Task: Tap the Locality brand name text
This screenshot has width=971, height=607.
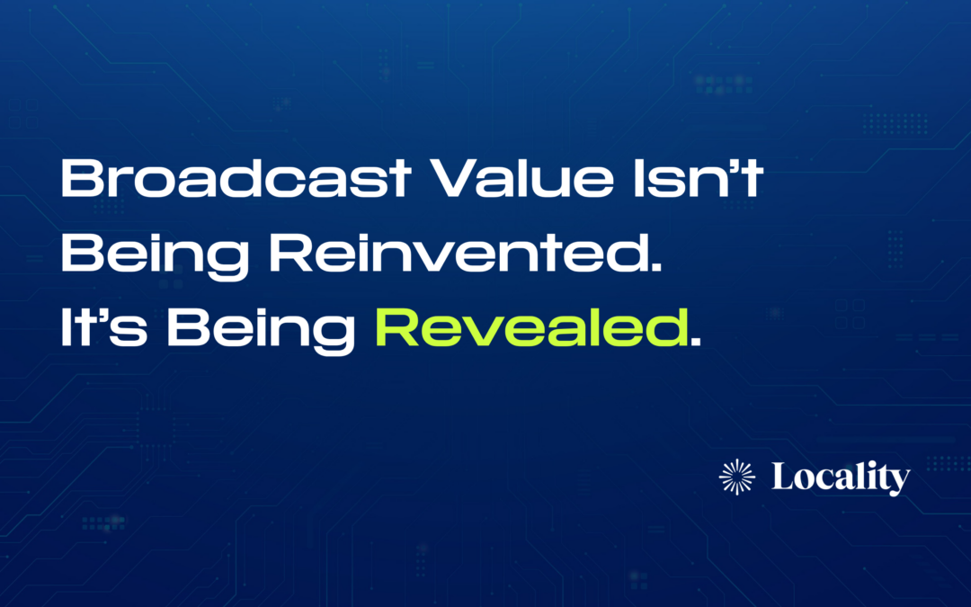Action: coord(841,478)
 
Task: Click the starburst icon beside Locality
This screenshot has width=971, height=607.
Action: coord(738,477)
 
